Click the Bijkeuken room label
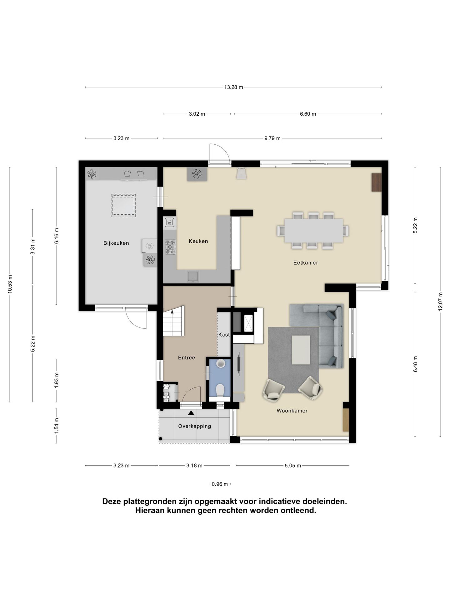coord(116,243)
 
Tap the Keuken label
coord(198,241)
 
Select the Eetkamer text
coord(306,263)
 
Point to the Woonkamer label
coord(292,411)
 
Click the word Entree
coord(187,358)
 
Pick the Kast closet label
coord(224,335)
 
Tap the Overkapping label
coord(195,426)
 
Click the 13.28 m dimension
coord(233,87)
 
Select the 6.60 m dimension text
coord(308,114)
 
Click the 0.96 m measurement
coord(220,484)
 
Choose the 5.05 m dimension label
coord(293,466)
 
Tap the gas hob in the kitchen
coord(170,247)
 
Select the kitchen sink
coord(192,277)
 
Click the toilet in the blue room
coord(220,390)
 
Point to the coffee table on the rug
coord(301,350)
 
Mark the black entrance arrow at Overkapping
coord(191,413)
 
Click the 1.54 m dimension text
coord(57,426)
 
